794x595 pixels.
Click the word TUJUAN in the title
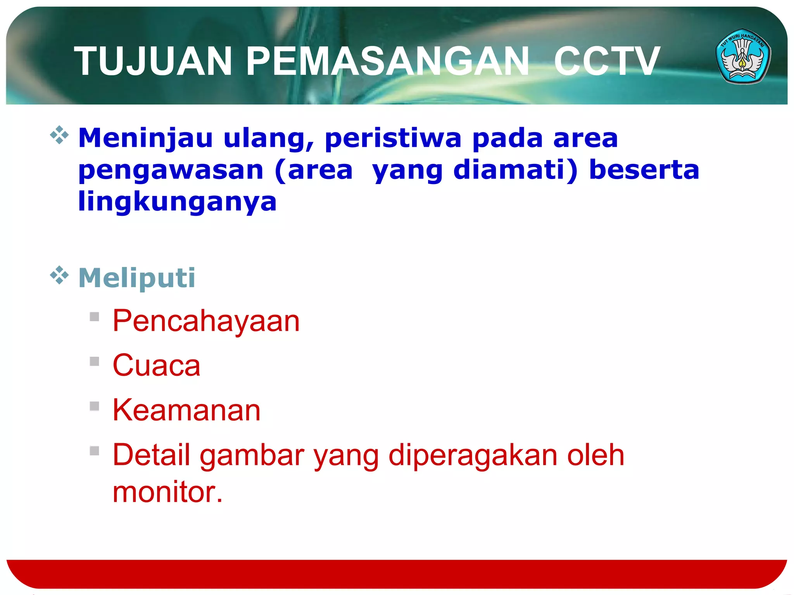(153, 61)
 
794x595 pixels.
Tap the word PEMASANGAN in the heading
(388, 61)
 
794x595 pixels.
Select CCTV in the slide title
(607, 61)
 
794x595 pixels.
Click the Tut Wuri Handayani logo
(743, 57)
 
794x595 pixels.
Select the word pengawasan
(171, 170)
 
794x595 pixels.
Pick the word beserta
(644, 170)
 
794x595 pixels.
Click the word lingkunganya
(177, 202)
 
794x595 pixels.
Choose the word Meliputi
(137, 278)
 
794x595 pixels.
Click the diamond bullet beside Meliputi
(59, 275)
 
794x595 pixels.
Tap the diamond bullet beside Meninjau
(59, 135)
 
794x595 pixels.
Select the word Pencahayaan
(206, 321)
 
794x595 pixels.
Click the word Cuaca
(156, 365)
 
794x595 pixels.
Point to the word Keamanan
(186, 410)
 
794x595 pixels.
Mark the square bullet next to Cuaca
(94, 361)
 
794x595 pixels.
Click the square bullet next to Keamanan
(94, 406)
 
